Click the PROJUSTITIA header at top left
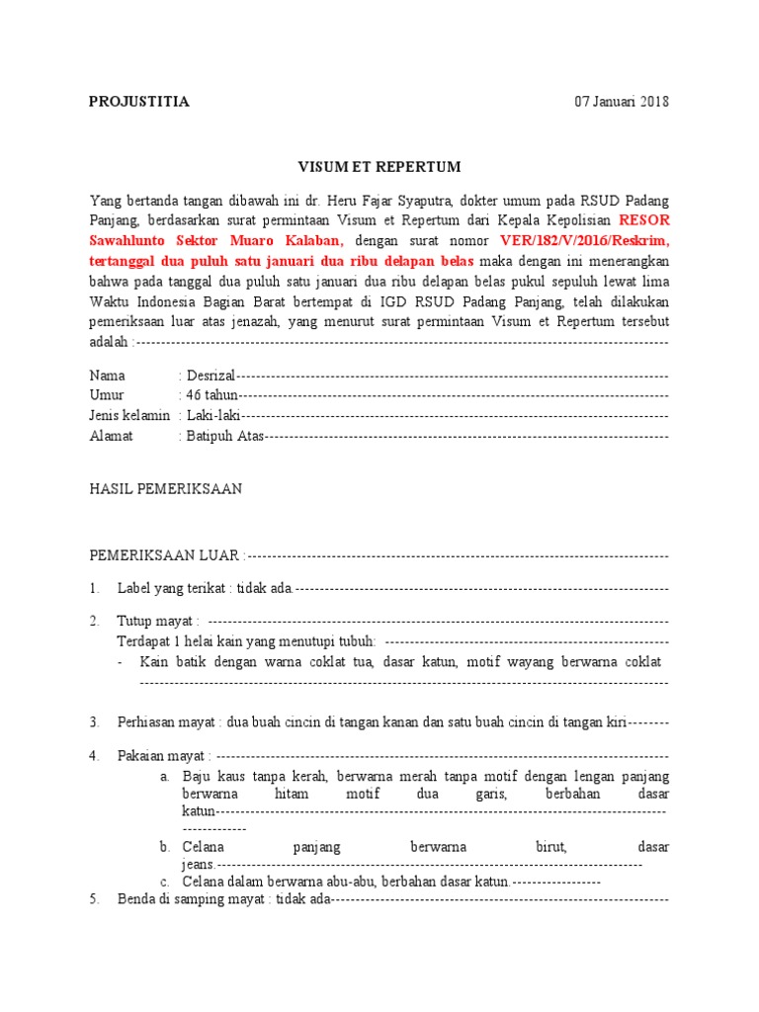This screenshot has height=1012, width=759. pyautogui.click(x=139, y=102)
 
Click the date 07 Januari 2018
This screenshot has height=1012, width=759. pyautogui.click(x=622, y=102)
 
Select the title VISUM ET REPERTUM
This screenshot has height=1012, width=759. pyautogui.click(x=379, y=167)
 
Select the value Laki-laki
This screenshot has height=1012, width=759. pyautogui.click(x=214, y=416)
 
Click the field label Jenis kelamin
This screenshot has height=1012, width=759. pyautogui.click(x=129, y=416)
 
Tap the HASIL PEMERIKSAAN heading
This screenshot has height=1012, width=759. pyautogui.click(x=166, y=489)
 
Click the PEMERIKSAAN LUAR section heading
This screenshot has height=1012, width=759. pyautogui.click(x=165, y=556)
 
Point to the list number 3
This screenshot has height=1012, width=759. pyautogui.click(x=94, y=722)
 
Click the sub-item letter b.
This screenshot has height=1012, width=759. pyautogui.click(x=164, y=847)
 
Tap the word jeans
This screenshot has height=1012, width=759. pyautogui.click(x=198, y=864)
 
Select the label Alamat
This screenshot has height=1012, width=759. pyautogui.click(x=111, y=436)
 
